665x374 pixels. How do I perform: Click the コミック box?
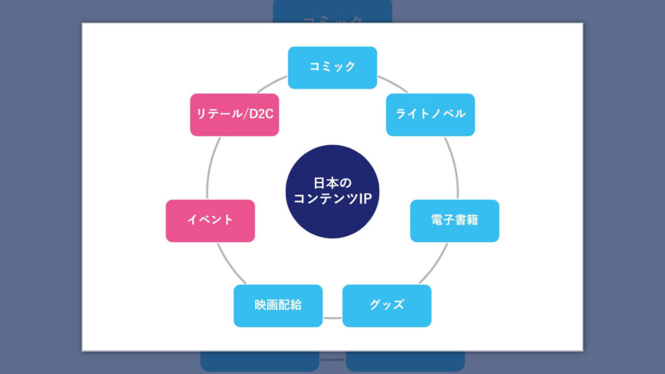point(332,68)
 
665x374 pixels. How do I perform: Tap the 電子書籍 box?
point(455,220)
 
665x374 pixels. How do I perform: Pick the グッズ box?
point(386,305)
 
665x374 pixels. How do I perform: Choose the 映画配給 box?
point(278,305)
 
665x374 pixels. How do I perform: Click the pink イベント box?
point(210,220)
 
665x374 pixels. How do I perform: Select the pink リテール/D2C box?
point(234,114)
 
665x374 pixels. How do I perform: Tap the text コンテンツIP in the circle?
point(332,199)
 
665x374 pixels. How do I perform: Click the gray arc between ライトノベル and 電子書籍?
point(452,168)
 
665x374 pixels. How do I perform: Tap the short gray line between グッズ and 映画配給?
point(332,318)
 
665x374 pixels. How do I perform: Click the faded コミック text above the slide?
point(332,19)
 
